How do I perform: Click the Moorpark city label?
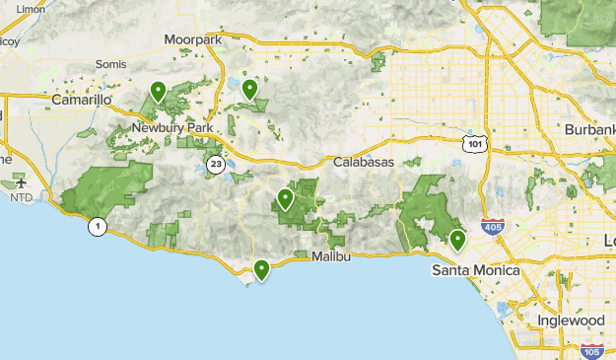point(193,38)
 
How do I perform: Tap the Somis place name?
point(110,64)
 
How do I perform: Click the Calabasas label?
point(363,162)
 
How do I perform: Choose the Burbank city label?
point(588,130)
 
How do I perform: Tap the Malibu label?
point(330,256)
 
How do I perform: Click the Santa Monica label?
point(470,269)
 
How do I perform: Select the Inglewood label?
point(571,322)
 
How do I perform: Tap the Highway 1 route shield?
point(98,227)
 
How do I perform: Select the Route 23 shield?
point(215,164)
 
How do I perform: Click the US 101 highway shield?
point(476,144)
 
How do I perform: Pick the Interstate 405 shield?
point(491,227)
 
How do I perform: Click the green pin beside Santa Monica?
point(457,240)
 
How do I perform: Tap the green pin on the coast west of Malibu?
point(261,269)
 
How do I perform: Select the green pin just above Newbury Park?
point(158,92)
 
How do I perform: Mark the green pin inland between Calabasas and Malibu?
point(285,199)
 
